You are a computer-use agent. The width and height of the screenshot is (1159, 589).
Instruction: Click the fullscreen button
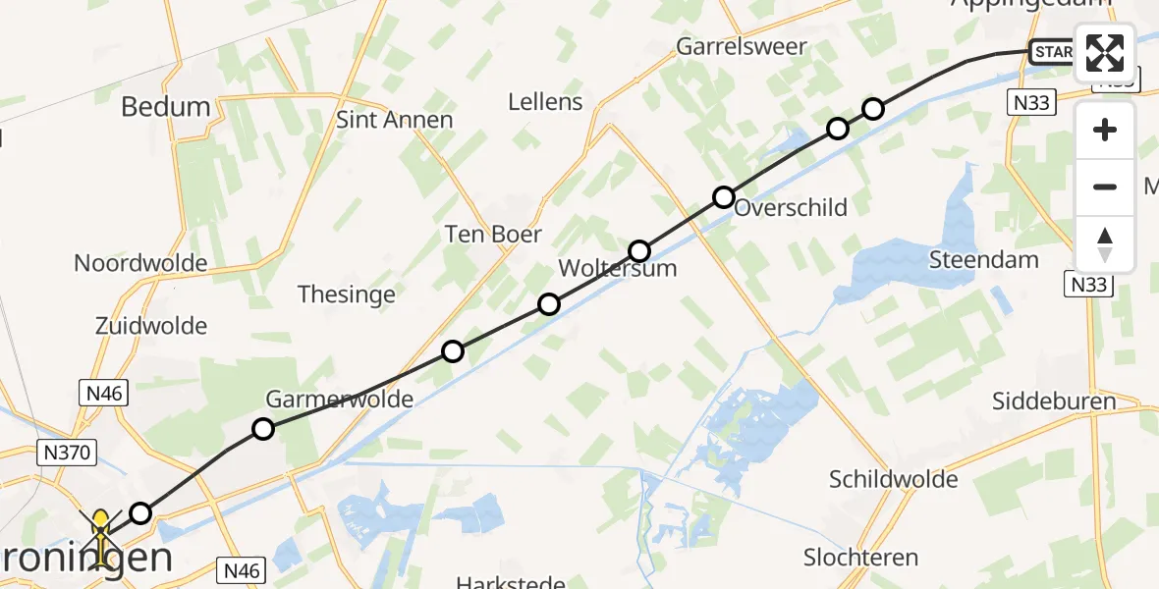[1105, 53]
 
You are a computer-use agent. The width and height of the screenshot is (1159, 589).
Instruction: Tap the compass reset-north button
[1105, 244]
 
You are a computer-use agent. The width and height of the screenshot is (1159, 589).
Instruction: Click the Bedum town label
[166, 107]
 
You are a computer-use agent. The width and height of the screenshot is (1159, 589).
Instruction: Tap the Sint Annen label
[395, 120]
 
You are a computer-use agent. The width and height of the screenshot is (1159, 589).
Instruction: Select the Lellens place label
[545, 101]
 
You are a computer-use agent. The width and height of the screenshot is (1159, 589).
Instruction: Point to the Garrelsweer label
[742, 46]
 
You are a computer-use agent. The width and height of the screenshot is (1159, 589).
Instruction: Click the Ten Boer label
[493, 234]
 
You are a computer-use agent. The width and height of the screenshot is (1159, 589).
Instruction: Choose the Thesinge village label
[346, 294]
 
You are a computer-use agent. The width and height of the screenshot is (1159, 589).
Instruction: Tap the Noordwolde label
[140, 263]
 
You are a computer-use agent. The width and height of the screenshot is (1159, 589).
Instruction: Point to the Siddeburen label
[1054, 401]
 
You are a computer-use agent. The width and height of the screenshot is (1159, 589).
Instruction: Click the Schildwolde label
[893, 479]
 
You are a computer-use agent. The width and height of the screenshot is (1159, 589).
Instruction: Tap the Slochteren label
[860, 558]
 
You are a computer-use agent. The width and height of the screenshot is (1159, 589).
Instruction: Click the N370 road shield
[66, 453]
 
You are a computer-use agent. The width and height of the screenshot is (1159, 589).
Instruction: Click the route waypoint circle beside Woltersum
[639, 251]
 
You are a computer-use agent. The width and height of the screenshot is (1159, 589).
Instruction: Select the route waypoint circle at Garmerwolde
[262, 428]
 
